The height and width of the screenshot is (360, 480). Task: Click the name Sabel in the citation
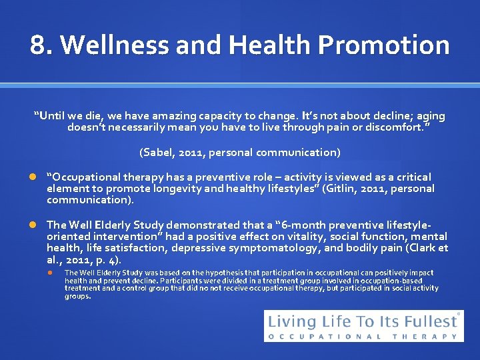click(159, 153)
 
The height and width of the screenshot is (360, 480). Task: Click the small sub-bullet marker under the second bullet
click(53, 273)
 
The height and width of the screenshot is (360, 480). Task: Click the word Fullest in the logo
click(427, 321)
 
